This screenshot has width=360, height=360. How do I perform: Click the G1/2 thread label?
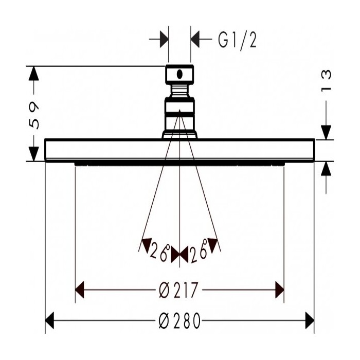[237, 41]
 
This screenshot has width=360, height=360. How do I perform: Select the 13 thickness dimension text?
[326, 80]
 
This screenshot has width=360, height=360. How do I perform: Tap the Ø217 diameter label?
[178, 290]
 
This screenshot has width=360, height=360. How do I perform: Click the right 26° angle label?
[200, 251]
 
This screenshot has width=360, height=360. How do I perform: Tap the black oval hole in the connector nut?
[179, 74]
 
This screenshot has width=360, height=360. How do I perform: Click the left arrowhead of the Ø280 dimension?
[49, 320]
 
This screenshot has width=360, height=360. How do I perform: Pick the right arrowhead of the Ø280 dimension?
[310, 320]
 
